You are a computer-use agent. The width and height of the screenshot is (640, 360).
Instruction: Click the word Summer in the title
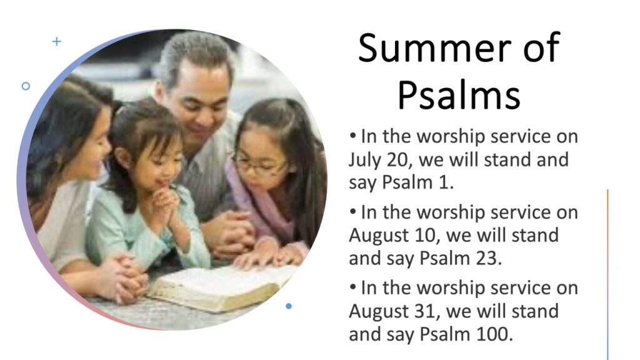point(434,47)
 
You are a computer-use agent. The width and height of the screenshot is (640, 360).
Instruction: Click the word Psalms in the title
point(459,96)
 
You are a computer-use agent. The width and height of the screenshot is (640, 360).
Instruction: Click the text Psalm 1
point(417,182)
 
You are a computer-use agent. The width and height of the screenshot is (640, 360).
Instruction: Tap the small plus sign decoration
point(57,41)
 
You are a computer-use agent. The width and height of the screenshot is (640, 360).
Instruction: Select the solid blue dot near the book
point(289,306)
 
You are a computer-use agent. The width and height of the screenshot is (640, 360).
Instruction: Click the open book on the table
point(222,286)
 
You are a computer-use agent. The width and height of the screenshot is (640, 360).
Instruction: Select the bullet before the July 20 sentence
point(352,136)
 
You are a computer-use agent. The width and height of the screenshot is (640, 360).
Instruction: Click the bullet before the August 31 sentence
point(352,287)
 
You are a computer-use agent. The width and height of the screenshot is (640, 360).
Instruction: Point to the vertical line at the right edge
point(607,274)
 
